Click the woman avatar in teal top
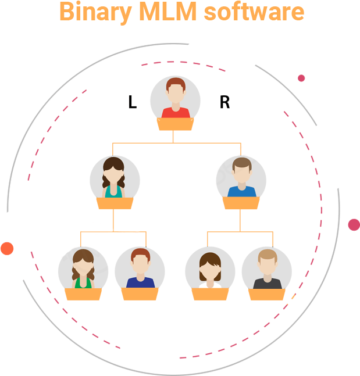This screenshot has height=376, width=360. [x=114, y=177]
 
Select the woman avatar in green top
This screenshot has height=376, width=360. [x=83, y=268]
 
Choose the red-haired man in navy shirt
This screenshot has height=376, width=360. [x=140, y=268]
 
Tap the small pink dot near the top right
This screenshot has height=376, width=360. [x=301, y=78]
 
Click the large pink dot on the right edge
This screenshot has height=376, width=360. [x=354, y=224]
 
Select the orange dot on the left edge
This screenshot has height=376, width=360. [x=7, y=249]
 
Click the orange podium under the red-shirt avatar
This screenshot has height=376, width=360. [x=174, y=124]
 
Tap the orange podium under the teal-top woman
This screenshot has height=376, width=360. [x=115, y=203]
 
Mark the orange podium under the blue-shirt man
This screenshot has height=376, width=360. [x=241, y=203]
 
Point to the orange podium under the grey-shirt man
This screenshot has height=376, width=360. [x=266, y=294]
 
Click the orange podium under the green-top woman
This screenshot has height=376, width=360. [x=83, y=294]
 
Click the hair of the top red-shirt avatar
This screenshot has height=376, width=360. [x=175, y=84]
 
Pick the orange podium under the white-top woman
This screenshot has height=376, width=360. [x=210, y=294]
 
